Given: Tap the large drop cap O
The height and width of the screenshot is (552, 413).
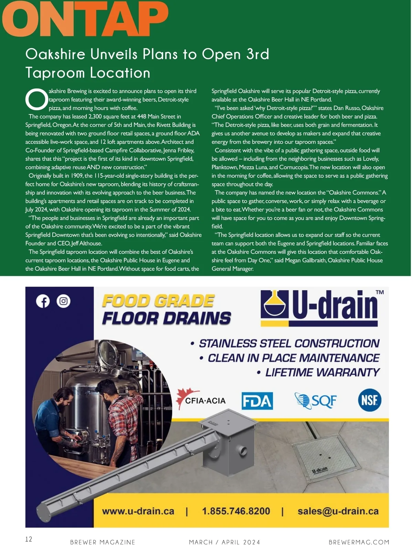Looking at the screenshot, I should click(36, 99).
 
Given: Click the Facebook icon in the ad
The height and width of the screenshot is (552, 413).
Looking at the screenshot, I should click(43, 301).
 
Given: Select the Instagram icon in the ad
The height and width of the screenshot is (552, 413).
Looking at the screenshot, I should click(63, 301).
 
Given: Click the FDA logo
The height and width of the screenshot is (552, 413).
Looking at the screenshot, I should click(257, 401).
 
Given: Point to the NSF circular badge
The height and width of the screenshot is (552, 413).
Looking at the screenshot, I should click(370, 400).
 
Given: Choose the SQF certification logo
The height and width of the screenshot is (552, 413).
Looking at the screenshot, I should click(316, 400).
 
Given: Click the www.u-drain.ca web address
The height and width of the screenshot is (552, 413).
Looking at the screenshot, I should click(138, 511).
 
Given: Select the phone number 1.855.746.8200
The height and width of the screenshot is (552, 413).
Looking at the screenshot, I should click(236, 511).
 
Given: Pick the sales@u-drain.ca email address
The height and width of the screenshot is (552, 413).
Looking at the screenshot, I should click(338, 511).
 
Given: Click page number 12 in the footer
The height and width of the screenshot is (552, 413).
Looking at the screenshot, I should click(29, 539).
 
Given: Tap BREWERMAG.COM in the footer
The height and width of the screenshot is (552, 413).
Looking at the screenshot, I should click(359, 542).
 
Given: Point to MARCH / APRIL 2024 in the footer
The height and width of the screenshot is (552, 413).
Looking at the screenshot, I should click(224, 542).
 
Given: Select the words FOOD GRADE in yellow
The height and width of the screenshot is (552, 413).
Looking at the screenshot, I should click(158, 301).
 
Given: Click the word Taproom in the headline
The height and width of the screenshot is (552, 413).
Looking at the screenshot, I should click(55, 73).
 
